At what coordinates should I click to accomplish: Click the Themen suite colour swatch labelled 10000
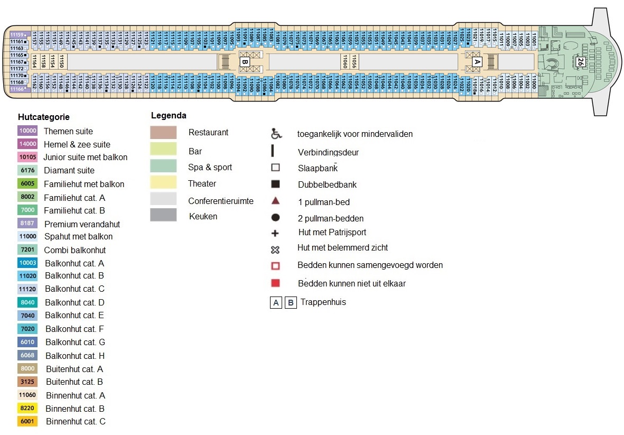27,131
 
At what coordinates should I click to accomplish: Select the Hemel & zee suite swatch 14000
27,144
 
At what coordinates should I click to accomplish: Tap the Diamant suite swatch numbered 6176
27,170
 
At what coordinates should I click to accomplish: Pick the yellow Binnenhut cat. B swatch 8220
27,409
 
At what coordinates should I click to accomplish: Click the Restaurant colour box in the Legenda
163,133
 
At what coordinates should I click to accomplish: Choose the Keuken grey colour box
163,215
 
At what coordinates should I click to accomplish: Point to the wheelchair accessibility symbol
275,134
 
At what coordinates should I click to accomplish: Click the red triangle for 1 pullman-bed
275,201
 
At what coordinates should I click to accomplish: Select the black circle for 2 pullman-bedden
275,218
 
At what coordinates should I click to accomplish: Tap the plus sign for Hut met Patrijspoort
275,233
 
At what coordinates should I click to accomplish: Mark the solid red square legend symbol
275,283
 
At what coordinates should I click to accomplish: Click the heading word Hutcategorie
43,117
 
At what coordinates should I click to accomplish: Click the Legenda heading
169,116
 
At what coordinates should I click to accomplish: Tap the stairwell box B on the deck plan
245,62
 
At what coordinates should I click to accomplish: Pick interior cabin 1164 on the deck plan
34,61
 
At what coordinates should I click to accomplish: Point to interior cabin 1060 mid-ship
345,61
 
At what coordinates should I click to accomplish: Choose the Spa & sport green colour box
163,165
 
